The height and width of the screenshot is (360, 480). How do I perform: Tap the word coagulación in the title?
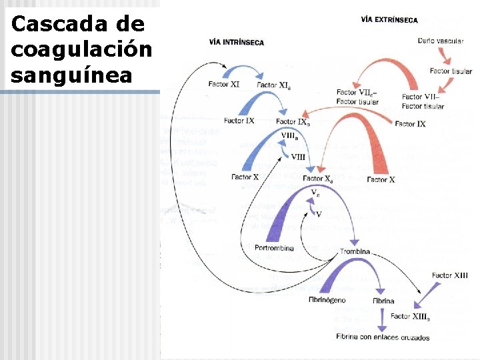(x=81, y=49)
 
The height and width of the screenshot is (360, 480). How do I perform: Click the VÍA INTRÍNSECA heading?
(x=237, y=42)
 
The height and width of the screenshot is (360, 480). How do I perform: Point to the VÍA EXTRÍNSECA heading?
(x=389, y=19)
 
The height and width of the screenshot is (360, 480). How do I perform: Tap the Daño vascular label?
(x=440, y=41)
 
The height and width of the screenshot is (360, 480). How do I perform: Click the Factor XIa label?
(x=273, y=85)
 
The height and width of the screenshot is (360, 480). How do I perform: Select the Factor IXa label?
(x=293, y=122)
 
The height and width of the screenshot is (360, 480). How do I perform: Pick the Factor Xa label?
(x=318, y=179)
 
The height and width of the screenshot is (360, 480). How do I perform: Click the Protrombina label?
(x=274, y=248)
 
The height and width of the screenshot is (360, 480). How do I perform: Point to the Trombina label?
(x=355, y=251)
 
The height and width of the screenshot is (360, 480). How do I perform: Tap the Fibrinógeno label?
(x=327, y=300)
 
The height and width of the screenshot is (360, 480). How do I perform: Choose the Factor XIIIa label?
(x=410, y=317)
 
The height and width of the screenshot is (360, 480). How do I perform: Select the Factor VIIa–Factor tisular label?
(x=357, y=97)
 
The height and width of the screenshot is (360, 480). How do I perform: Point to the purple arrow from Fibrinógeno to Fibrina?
(x=357, y=270)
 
